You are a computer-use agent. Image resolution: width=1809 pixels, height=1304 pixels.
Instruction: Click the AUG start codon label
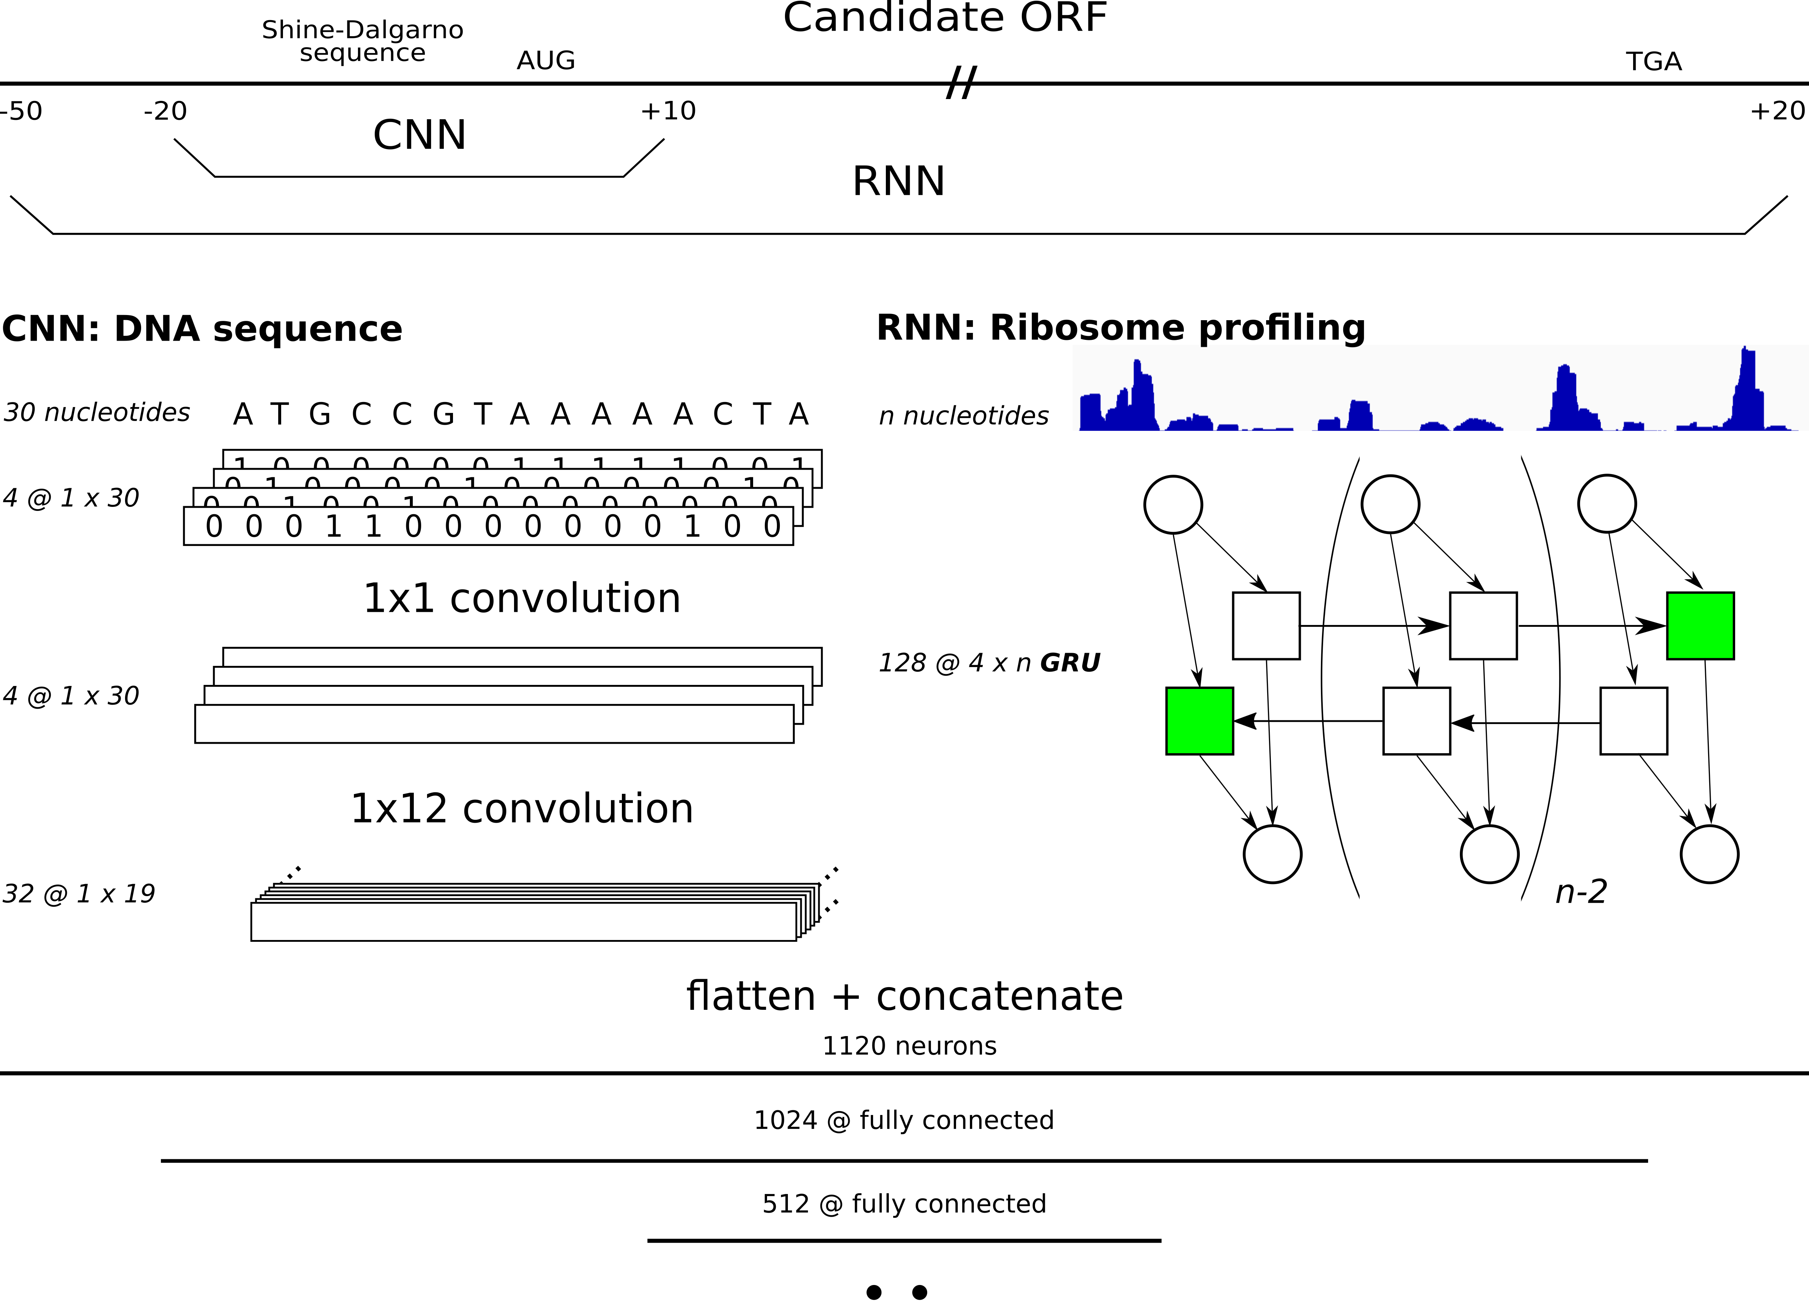pos(545,61)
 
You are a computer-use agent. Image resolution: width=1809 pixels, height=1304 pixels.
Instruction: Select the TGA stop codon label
pos(1654,61)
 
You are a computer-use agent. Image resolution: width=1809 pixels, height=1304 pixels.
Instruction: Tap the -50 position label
pos(22,111)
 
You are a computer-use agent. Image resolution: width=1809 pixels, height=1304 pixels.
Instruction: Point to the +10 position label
pos(668,111)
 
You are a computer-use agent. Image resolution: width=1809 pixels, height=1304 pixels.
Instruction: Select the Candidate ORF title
pos(945,18)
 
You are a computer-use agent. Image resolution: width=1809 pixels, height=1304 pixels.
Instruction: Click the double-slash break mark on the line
pos(961,83)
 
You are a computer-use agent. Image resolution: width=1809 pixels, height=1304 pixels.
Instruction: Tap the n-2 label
pos(1581,892)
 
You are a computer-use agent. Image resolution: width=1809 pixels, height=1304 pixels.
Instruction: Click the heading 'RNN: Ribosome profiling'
pos(1121,328)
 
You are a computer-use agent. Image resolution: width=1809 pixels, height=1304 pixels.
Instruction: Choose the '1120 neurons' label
pos(909,1046)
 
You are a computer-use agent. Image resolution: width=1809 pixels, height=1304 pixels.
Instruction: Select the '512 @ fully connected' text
pos(904,1203)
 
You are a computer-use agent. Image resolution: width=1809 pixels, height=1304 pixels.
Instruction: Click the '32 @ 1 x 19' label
pos(79,894)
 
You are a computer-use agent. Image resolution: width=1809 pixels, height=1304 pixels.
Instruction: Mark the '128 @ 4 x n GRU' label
pos(989,663)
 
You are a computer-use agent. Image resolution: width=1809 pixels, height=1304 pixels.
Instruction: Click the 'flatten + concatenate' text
pos(904,996)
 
